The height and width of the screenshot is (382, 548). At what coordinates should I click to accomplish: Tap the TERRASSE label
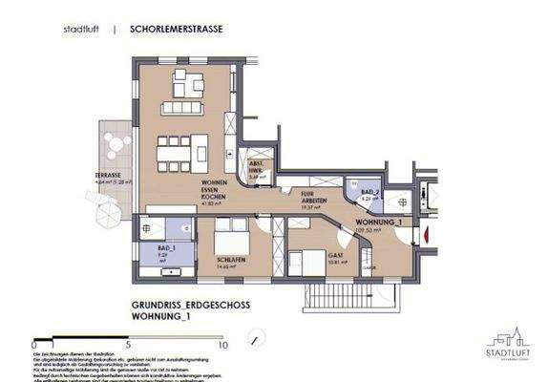[x=107, y=177]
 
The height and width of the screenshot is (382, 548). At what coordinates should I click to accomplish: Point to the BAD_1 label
[x=154, y=251]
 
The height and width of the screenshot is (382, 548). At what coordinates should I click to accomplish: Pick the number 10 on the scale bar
[x=221, y=344]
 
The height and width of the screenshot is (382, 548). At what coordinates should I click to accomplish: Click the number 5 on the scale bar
[x=128, y=344]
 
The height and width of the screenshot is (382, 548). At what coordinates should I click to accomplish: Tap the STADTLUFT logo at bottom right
[x=507, y=346]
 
